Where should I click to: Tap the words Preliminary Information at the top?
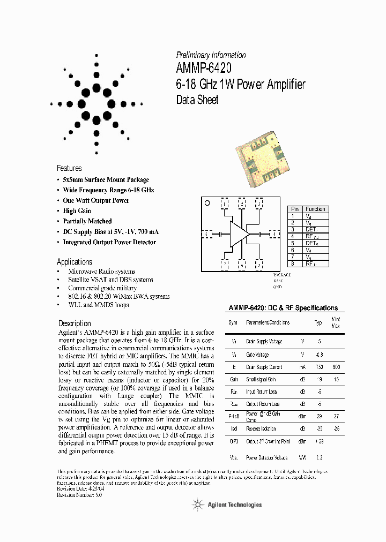click(x=211, y=55)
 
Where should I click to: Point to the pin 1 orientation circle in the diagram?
click(x=207, y=203)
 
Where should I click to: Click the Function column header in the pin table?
click(x=316, y=209)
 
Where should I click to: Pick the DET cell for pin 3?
click(x=311, y=229)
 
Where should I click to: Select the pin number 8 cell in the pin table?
click(x=293, y=264)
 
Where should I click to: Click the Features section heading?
click(x=69, y=168)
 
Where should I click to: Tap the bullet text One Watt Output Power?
click(x=96, y=200)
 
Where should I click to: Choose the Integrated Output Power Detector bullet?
click(x=109, y=242)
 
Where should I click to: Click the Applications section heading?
click(x=75, y=262)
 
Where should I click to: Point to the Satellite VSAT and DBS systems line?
click(x=110, y=280)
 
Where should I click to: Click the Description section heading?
click(x=75, y=323)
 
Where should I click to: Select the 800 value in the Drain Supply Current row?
click(x=336, y=367)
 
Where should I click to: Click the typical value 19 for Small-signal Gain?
click(x=320, y=379)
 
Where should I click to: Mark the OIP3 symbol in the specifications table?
click(x=233, y=441)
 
